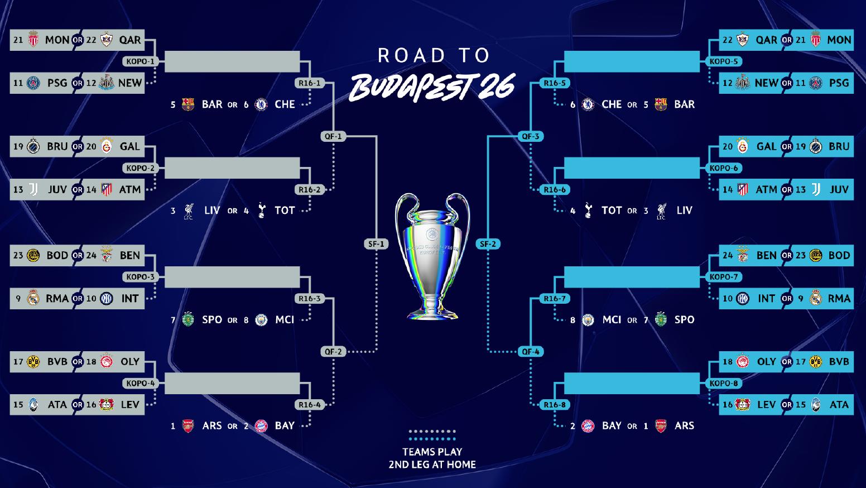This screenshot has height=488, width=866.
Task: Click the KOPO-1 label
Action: pos(140,61)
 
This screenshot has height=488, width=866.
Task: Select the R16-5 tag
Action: pos(555,83)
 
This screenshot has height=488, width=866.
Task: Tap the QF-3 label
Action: pos(530,136)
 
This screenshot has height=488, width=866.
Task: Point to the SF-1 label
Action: pos(376,244)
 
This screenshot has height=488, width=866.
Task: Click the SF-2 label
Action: pos(488,244)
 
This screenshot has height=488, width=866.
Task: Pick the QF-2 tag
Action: pos(333,352)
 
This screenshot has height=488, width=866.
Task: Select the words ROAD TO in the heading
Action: pos(434,55)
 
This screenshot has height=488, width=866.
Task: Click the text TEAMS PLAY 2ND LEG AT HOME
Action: pos(432,458)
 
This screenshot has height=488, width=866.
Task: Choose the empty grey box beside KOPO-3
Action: pos(232,277)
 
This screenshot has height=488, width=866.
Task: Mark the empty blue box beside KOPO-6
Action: pos(632,168)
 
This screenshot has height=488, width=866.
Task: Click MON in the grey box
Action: pos(57,40)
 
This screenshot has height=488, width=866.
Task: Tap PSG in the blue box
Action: pos(839,83)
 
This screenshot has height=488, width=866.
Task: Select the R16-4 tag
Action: pos(310,405)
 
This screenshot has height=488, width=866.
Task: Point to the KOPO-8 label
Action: pos(724,384)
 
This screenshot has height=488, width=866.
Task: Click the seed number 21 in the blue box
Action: pos(801,40)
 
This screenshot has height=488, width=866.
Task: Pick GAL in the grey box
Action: pos(129,147)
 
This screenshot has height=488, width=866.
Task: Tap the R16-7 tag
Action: pos(555,299)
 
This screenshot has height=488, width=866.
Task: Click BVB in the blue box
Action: pos(839,362)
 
